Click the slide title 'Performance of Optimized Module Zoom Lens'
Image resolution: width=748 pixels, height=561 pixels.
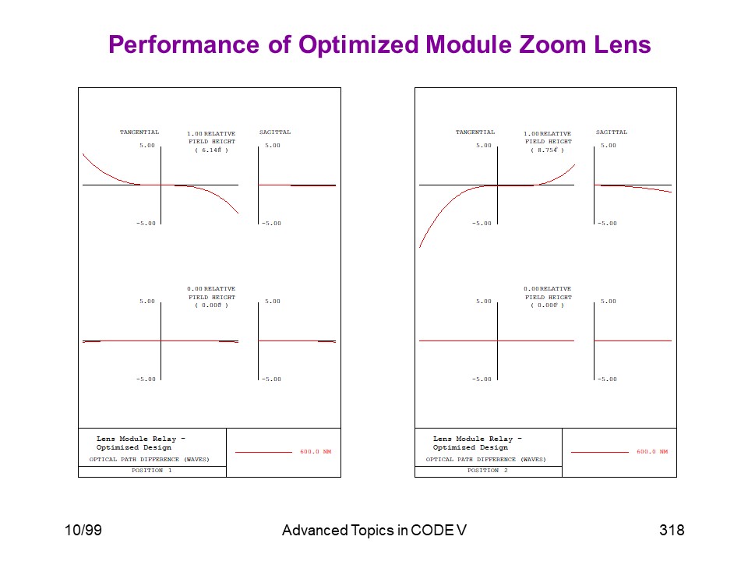tap(379, 44)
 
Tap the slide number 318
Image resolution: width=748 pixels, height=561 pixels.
tap(671, 531)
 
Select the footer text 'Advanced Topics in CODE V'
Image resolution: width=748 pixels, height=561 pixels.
tap(374, 531)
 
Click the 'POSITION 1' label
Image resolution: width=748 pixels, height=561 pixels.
tap(152, 471)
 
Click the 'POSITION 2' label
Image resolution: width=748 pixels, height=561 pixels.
tap(489, 471)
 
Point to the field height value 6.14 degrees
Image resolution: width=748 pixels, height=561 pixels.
tap(210, 150)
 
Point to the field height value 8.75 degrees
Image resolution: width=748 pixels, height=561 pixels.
tap(547, 150)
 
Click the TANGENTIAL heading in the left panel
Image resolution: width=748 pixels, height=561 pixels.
tap(139, 132)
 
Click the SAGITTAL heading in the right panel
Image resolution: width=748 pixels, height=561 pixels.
tap(612, 132)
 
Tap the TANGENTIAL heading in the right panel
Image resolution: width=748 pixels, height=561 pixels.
tap(475, 132)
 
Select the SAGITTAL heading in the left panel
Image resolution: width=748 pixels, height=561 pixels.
tap(275, 132)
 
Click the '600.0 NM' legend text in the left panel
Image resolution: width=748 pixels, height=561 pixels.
tap(316, 452)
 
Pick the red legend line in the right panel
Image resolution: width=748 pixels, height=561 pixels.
tap(599, 452)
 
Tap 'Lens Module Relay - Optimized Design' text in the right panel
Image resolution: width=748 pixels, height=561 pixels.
tap(477, 443)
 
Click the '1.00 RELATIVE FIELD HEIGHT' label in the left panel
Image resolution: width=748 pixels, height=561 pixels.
tap(210, 137)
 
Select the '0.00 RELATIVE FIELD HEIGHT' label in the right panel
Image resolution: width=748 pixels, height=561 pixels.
tap(547, 293)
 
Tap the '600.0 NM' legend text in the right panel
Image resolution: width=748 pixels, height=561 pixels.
tap(652, 452)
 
